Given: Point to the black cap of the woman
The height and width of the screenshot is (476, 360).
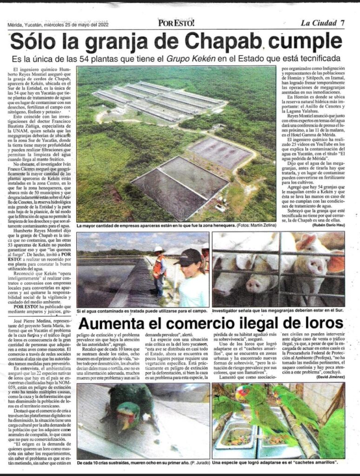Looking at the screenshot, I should (x=188, y=257).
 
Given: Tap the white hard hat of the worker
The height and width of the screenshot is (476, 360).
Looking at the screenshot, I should (x=159, y=249).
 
